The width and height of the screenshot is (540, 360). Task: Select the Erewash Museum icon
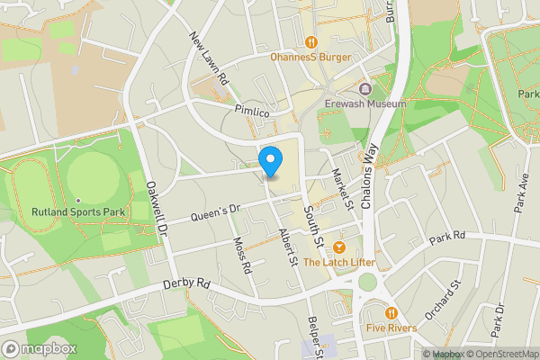[x=365, y=88]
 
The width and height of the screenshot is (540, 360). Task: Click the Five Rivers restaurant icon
[x=391, y=312]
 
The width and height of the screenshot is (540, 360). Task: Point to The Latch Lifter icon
[x=339, y=247]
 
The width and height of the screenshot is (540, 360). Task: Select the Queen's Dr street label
[x=212, y=213]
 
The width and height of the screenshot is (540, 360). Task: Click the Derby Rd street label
[x=186, y=283]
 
